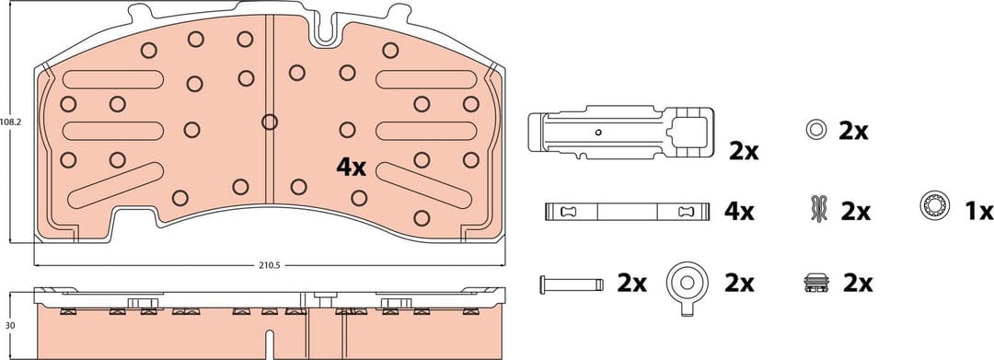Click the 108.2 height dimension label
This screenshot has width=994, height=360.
[10, 121]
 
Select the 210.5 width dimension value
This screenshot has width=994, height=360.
[269, 265]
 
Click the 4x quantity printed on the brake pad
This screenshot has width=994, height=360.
[351, 168]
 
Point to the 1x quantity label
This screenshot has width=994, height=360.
[978, 211]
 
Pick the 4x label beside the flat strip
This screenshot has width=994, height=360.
[738, 212]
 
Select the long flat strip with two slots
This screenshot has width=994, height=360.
[626, 212]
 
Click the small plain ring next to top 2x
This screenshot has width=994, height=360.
[815, 131]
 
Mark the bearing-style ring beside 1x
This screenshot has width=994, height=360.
[933, 206]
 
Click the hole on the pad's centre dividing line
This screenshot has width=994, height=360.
[269, 122]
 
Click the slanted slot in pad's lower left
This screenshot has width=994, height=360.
[116, 185]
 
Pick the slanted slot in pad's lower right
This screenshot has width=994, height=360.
[422, 185]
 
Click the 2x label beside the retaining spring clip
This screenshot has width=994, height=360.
[744, 152]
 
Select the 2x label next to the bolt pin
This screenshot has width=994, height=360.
[631, 283]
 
